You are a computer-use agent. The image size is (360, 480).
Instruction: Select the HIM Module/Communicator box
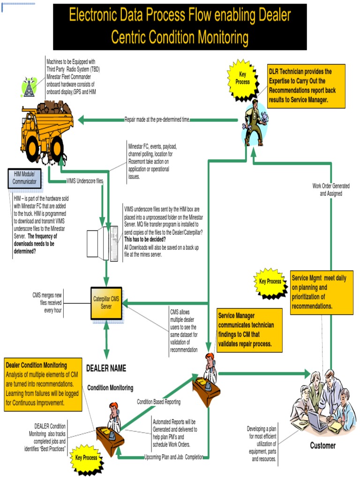24,178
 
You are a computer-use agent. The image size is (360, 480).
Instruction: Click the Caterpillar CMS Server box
106,303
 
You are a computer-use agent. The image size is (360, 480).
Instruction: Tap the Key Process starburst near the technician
242,79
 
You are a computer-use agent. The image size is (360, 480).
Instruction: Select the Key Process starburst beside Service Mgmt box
270,282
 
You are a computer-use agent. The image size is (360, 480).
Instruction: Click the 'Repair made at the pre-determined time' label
157,120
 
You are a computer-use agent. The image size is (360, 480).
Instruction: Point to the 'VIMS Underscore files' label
85,180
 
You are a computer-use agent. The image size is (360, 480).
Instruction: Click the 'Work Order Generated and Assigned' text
331,189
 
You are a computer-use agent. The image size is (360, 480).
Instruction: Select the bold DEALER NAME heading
106,368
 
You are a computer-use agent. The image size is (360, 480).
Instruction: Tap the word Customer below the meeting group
322,445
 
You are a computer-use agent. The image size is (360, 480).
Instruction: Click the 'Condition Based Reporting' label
158,402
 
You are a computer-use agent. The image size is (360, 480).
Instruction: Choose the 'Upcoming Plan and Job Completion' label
174,457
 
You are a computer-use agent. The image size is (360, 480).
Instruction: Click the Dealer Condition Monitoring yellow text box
43,383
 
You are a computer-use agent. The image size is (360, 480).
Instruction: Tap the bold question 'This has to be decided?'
145,240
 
